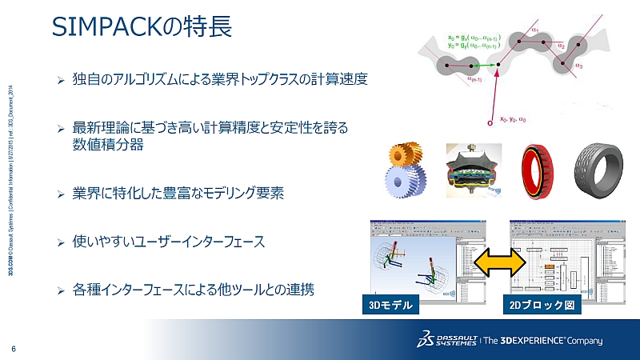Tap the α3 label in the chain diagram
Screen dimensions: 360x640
click(x=578, y=64)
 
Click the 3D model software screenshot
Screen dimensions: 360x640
click(x=416, y=258)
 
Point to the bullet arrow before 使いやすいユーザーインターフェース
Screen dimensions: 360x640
click(x=60, y=241)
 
